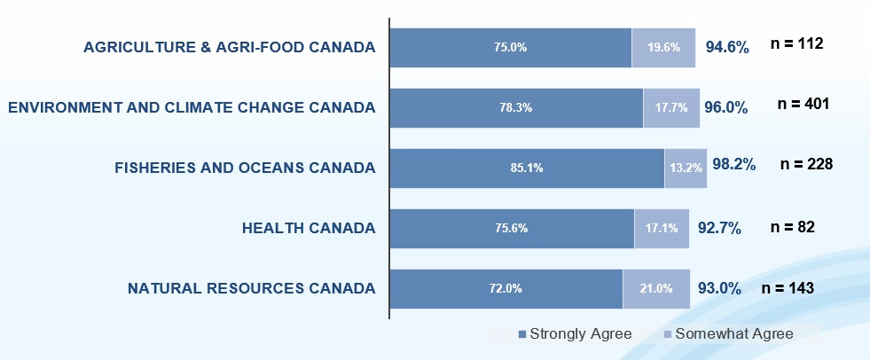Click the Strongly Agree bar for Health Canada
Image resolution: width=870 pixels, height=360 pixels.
[x=512, y=228]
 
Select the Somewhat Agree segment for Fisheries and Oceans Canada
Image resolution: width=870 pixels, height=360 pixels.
[x=686, y=168]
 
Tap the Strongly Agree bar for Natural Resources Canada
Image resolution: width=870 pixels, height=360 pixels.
[x=506, y=288]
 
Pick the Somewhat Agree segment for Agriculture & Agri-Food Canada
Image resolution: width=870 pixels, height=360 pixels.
[x=663, y=47]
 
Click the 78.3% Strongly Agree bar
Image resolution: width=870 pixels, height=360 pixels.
[x=516, y=107]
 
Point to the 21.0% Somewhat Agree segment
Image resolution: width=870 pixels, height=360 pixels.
[x=656, y=288]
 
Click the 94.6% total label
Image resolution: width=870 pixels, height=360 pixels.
[x=727, y=47]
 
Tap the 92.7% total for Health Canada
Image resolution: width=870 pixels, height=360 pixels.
[x=720, y=228]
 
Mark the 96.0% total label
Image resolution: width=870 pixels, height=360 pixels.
[x=726, y=108]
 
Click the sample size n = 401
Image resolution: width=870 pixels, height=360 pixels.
[x=803, y=104]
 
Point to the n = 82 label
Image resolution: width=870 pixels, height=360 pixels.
[x=793, y=226]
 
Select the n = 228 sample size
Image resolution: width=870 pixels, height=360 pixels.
[x=805, y=164]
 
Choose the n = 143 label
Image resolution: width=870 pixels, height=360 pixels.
[x=788, y=287]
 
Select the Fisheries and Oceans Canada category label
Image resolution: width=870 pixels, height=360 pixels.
[x=246, y=168]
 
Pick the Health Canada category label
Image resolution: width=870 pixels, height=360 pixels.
[x=309, y=228]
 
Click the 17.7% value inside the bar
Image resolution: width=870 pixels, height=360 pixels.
[x=671, y=107]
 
